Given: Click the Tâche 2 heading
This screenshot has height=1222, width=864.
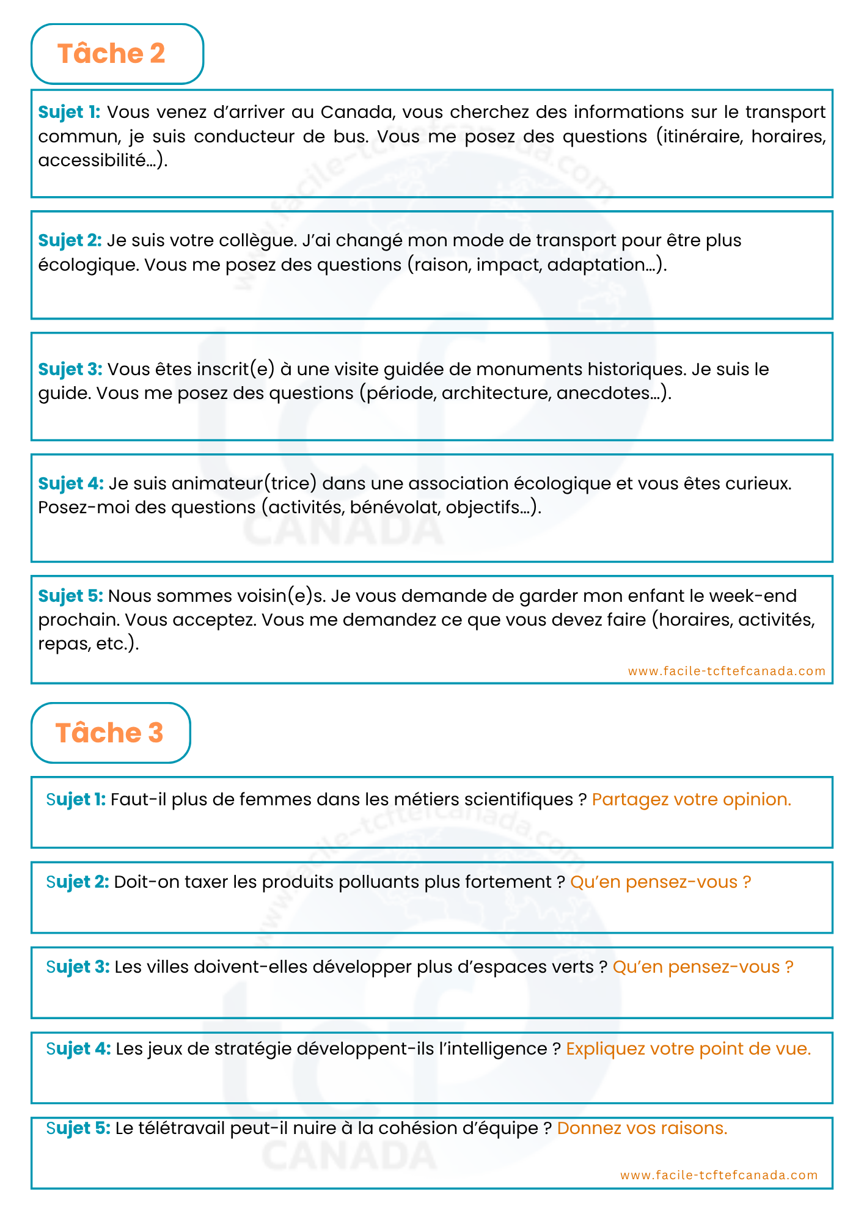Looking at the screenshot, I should click(111, 54).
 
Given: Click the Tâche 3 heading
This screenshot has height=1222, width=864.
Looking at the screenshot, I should click(109, 733).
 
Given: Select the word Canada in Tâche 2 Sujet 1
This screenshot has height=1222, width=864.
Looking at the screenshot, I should click(356, 112).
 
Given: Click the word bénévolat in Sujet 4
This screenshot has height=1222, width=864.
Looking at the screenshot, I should click(395, 508).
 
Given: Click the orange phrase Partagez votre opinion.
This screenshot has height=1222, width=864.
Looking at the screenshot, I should click(691, 799).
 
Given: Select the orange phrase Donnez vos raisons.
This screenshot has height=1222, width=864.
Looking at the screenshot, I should click(642, 1128).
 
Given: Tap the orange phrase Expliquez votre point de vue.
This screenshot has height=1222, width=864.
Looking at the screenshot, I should click(688, 1048).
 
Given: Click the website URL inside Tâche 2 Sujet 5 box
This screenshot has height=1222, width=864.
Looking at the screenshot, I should click(727, 671).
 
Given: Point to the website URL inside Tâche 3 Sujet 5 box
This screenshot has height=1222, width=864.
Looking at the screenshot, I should click(719, 1175).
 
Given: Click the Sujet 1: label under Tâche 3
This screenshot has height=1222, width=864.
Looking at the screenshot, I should click(76, 799).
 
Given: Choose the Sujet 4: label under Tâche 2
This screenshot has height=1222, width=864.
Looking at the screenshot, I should click(71, 483).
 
